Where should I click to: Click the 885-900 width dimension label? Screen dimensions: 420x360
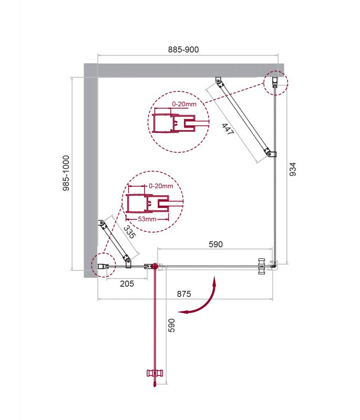(x=183, y=49)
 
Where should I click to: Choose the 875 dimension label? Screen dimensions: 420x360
(x=184, y=293)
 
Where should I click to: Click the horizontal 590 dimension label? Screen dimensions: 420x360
(x=215, y=244)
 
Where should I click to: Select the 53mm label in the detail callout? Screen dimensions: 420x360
(x=148, y=218)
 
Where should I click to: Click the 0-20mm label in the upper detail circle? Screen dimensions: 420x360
(x=184, y=104)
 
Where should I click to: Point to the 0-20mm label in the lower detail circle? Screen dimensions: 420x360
(x=161, y=186)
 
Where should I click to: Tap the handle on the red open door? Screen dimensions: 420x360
(x=156, y=373)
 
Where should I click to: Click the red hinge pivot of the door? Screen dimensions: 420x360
(x=155, y=266)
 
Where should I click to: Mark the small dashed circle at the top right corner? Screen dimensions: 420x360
(x=275, y=82)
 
